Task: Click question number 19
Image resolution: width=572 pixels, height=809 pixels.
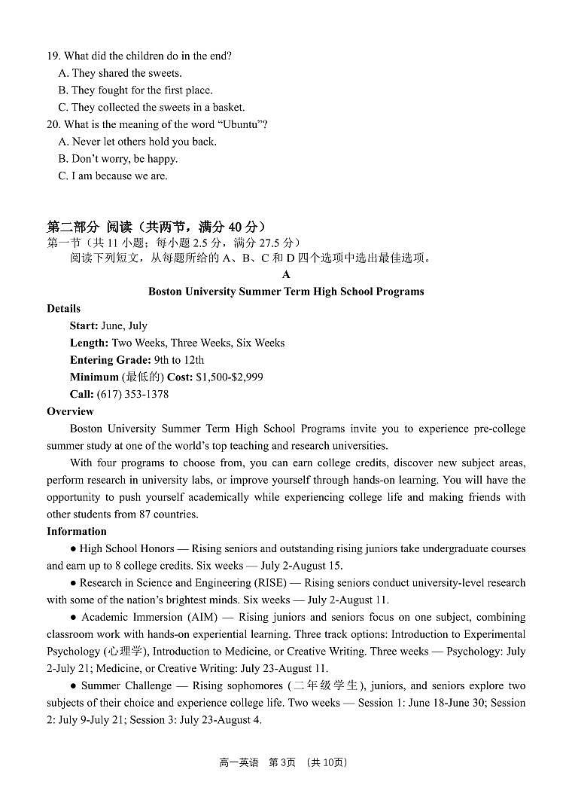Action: (53, 56)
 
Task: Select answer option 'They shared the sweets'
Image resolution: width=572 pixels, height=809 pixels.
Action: (126, 73)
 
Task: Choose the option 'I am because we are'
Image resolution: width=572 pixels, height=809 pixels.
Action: (120, 176)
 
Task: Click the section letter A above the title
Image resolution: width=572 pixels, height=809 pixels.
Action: (286, 274)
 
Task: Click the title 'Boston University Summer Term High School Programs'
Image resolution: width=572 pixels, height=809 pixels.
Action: (286, 292)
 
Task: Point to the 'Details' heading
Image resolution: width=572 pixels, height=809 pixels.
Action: (63, 309)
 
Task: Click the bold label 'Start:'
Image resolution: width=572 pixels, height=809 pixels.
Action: (84, 326)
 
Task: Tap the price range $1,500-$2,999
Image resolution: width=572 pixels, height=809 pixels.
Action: (230, 377)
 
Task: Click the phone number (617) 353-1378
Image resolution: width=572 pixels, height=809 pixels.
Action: (132, 394)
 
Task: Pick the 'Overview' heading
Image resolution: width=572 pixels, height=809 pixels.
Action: (70, 411)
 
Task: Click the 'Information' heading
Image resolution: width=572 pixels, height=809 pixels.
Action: (77, 531)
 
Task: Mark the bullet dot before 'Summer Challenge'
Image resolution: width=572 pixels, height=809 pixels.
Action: (74, 685)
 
